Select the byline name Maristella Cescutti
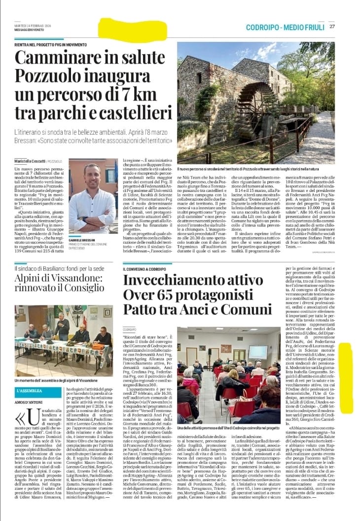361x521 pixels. point(31,162)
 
